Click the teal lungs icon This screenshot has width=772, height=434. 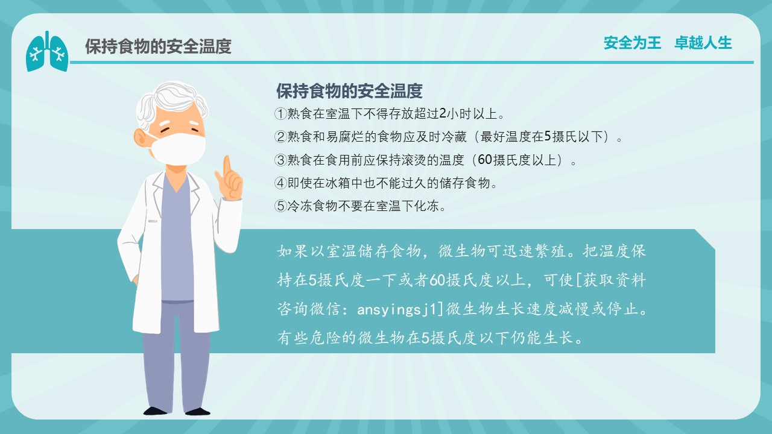[x=47, y=52]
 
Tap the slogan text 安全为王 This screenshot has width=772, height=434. [x=633, y=43]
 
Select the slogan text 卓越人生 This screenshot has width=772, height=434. [x=703, y=43]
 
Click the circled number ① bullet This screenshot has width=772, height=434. [x=280, y=114]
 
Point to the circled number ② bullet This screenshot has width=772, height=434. [x=280, y=137]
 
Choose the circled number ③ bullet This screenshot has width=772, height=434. [x=280, y=160]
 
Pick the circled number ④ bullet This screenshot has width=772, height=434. [x=280, y=183]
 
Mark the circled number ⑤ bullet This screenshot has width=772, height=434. [x=280, y=206]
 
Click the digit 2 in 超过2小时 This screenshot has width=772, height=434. [x=443, y=114]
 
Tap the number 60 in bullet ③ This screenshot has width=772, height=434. [x=485, y=160]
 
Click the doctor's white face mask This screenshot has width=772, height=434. [x=177, y=149]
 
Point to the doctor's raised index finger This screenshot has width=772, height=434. [x=227, y=166]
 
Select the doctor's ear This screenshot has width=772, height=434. [x=141, y=137]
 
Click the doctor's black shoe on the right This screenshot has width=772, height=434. [x=198, y=411]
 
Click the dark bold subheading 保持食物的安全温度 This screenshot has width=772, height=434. [x=349, y=91]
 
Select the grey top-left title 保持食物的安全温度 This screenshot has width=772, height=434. [x=158, y=46]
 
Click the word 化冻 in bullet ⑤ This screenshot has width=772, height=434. [x=426, y=206]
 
